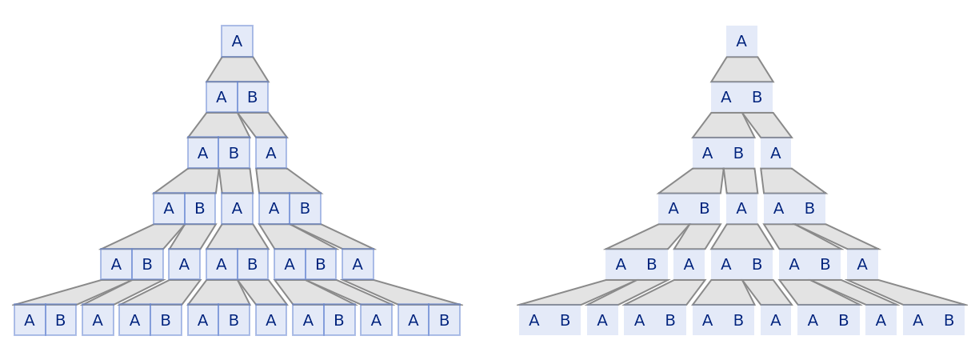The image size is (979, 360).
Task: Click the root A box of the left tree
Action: tap(237, 42)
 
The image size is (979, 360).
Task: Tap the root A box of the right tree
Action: tap(741, 42)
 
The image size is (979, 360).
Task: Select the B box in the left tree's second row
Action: tap(253, 98)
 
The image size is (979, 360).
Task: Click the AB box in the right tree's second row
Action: tap(741, 98)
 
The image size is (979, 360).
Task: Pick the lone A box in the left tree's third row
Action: tap(271, 153)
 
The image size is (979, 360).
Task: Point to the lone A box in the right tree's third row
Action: tap(776, 153)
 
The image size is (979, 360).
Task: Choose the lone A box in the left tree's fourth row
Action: tap(237, 209)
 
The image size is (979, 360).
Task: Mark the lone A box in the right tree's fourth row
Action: tap(741, 209)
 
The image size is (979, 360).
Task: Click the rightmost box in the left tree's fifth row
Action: tap(358, 265)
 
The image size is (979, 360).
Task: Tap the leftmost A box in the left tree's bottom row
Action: tap(30, 320)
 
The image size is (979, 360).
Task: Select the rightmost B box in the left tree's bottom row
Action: tap(445, 320)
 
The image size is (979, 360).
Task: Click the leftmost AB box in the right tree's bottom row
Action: tap(549, 320)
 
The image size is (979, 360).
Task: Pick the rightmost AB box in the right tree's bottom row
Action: tap(933, 320)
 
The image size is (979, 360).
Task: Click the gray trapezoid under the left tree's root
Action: tap(238, 70)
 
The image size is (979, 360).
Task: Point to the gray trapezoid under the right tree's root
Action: tap(742, 70)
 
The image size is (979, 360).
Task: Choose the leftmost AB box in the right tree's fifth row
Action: tap(636, 265)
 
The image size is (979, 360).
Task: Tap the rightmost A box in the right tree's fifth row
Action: tap(862, 265)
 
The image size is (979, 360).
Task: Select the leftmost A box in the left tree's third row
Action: tap(202, 153)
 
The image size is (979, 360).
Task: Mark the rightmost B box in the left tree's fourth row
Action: tap(305, 209)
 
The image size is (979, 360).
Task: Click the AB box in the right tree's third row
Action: tap(723, 153)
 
